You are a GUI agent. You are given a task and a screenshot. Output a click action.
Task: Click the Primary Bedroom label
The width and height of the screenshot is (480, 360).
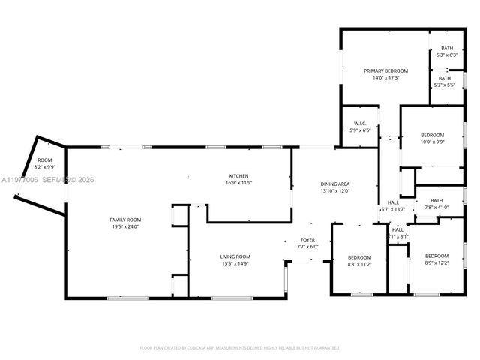pyautogui.click(x=385, y=70)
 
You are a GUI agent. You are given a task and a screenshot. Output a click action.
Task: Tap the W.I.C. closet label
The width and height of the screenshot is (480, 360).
pyautogui.click(x=360, y=124)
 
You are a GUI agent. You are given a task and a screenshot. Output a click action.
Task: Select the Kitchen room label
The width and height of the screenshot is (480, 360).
pyautogui.click(x=239, y=176)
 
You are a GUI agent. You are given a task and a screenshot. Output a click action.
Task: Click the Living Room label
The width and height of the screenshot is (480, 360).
pyautogui.click(x=235, y=256)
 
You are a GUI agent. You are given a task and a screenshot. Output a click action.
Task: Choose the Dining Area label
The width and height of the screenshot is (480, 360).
pyautogui.click(x=334, y=184)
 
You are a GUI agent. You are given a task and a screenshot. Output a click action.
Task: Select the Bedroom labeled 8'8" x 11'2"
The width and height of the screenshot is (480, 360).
pyautogui.click(x=359, y=256)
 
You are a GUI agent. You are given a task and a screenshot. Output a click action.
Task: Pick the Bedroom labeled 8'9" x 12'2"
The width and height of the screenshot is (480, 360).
pyautogui.click(x=436, y=256)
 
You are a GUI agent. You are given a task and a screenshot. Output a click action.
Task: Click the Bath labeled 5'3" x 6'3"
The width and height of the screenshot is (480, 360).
pyautogui.click(x=446, y=49)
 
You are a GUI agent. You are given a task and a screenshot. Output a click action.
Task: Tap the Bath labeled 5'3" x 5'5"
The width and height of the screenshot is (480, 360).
pyautogui.click(x=445, y=78)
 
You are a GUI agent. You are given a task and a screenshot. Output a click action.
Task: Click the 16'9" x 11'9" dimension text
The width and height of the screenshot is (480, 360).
pyautogui.click(x=239, y=183)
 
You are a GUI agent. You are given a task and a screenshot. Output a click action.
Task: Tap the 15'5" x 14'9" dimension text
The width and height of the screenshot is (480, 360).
pyautogui.click(x=235, y=263)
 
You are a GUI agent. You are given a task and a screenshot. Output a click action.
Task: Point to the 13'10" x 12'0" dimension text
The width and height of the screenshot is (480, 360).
pyautogui.click(x=334, y=191)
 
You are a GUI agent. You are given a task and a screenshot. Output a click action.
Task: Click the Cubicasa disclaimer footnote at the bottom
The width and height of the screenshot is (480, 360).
pyautogui.click(x=240, y=348)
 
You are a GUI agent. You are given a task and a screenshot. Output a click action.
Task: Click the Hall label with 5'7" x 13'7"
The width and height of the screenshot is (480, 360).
pyautogui.click(x=393, y=203)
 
